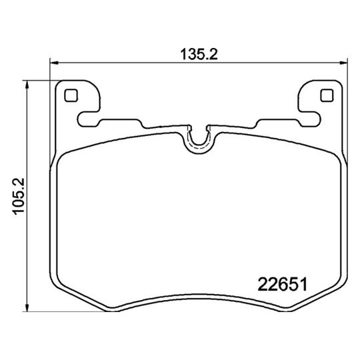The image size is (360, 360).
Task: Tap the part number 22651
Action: (281, 284)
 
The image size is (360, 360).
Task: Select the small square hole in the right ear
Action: (326, 95)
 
